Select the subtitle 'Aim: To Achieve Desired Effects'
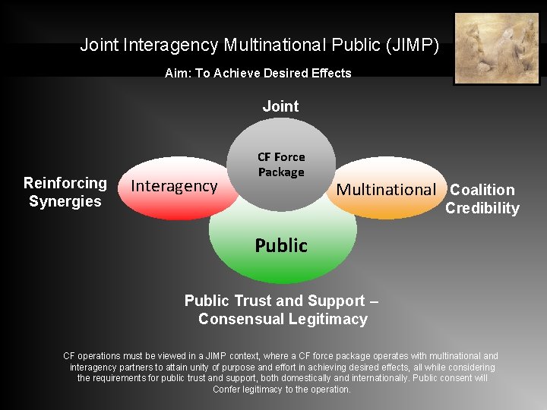[x=258, y=74]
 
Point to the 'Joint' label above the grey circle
[x=280, y=107]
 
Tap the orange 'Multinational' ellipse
[x=387, y=190]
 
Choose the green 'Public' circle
[x=281, y=246]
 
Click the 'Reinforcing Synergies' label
[x=65, y=192]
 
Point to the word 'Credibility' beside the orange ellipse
[x=482, y=209]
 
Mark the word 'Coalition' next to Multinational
[x=482, y=190]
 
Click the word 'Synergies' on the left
[x=65, y=201]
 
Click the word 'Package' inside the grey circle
[x=281, y=172]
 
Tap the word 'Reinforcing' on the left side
[x=65, y=183]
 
